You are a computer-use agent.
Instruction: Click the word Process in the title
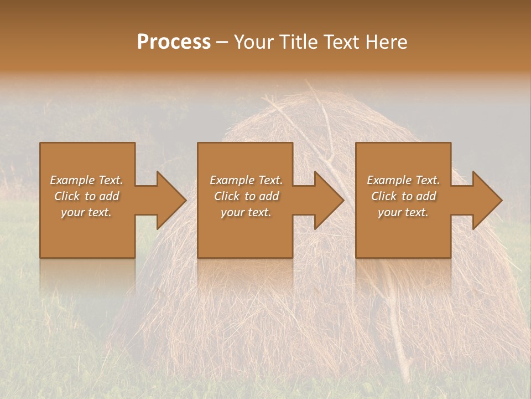pyautogui.click(x=174, y=42)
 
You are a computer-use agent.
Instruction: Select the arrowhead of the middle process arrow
pyautogui.click(x=328, y=200)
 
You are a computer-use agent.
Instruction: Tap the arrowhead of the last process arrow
pyautogui.click(x=486, y=200)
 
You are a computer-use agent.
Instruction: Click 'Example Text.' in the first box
pyautogui.click(x=86, y=180)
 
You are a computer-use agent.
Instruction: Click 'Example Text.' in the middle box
pyautogui.click(x=246, y=180)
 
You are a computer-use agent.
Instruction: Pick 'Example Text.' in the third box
pyautogui.click(x=403, y=180)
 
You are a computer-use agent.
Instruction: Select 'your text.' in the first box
pyautogui.click(x=86, y=212)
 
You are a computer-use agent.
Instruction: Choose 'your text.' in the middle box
pyautogui.click(x=246, y=212)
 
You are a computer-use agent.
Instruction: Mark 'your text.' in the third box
pyautogui.click(x=403, y=212)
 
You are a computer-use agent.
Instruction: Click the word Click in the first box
pyautogui.click(x=67, y=196)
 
